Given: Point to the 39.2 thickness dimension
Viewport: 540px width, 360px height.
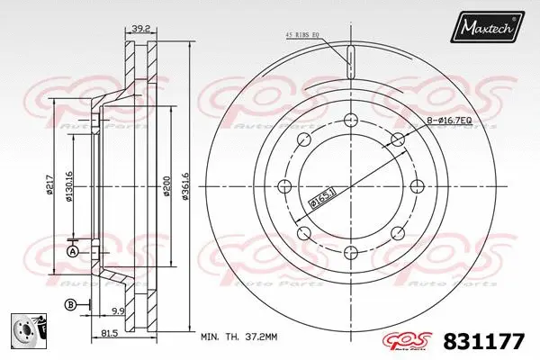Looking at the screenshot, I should point(139,30).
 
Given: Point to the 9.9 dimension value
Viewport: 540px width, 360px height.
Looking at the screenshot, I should point(116,311).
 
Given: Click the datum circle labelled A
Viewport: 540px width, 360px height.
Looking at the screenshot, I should point(72,251).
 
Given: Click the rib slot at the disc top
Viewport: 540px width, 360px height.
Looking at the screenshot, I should point(352,64).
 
